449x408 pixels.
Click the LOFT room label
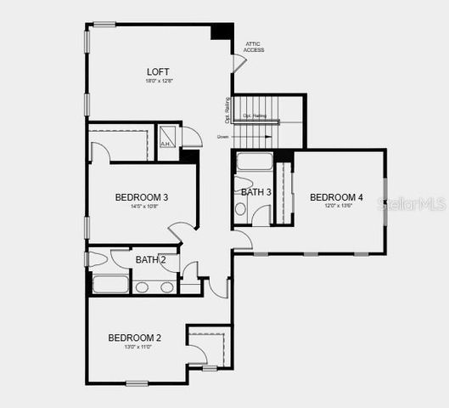(158, 71)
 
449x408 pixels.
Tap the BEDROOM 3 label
(142, 197)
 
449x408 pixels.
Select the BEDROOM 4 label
(336, 197)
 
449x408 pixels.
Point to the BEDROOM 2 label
(134, 337)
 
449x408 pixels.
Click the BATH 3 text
(255, 192)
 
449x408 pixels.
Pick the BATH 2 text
(151, 259)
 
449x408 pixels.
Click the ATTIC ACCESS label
(254, 47)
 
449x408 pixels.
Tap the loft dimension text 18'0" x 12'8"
(159, 81)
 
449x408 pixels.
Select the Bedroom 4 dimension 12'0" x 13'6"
(337, 206)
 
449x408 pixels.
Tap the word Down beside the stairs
(222, 136)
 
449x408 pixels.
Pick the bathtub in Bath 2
(110, 284)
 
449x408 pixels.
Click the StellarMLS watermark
(415, 204)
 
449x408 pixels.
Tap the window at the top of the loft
(104, 24)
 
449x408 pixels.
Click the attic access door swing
(239, 62)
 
